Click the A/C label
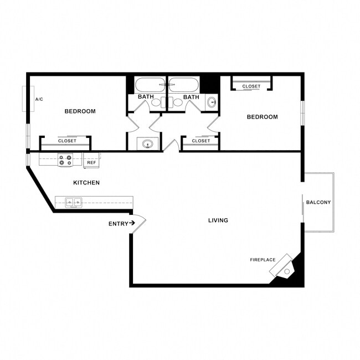coord(39,99)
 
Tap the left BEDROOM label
coord(80,111)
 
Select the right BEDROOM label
coord(262,117)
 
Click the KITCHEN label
coord(86,182)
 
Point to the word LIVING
coord(218,220)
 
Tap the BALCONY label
coord(318,202)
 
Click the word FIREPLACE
coord(263,260)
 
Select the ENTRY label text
coord(117,224)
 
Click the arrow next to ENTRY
coord(132,224)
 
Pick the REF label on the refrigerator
coord(91,163)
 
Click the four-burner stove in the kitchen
coord(65,160)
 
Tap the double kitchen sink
coord(74,202)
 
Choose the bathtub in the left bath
coord(150,86)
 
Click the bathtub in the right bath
coord(183,86)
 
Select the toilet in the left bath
coord(156,102)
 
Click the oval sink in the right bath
coord(212,102)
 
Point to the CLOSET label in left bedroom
coord(67,141)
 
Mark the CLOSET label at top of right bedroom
coord(251,86)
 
